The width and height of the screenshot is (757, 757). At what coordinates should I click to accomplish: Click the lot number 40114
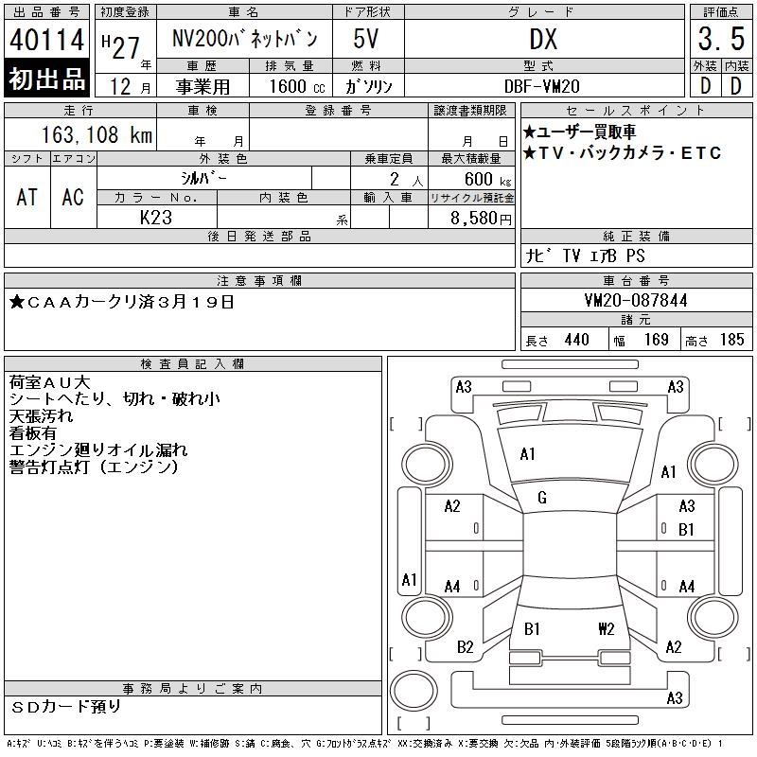pos(46,40)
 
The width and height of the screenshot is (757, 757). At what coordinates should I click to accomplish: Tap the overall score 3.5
pos(721,39)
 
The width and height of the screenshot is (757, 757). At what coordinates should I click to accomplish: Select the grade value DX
pos(543,39)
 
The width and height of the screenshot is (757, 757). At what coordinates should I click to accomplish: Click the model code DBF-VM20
pos(541,86)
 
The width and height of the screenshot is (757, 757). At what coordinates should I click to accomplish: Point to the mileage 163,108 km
pos(97,134)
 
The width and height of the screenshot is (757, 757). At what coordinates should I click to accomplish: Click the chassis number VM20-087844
pos(636,300)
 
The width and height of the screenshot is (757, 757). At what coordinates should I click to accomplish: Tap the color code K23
pos(156,218)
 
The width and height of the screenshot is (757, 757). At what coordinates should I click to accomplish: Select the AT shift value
pos(27,197)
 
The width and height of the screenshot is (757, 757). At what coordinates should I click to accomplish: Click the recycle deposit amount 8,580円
pos(481,219)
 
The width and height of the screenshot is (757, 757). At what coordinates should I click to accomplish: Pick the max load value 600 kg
pos(487,180)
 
